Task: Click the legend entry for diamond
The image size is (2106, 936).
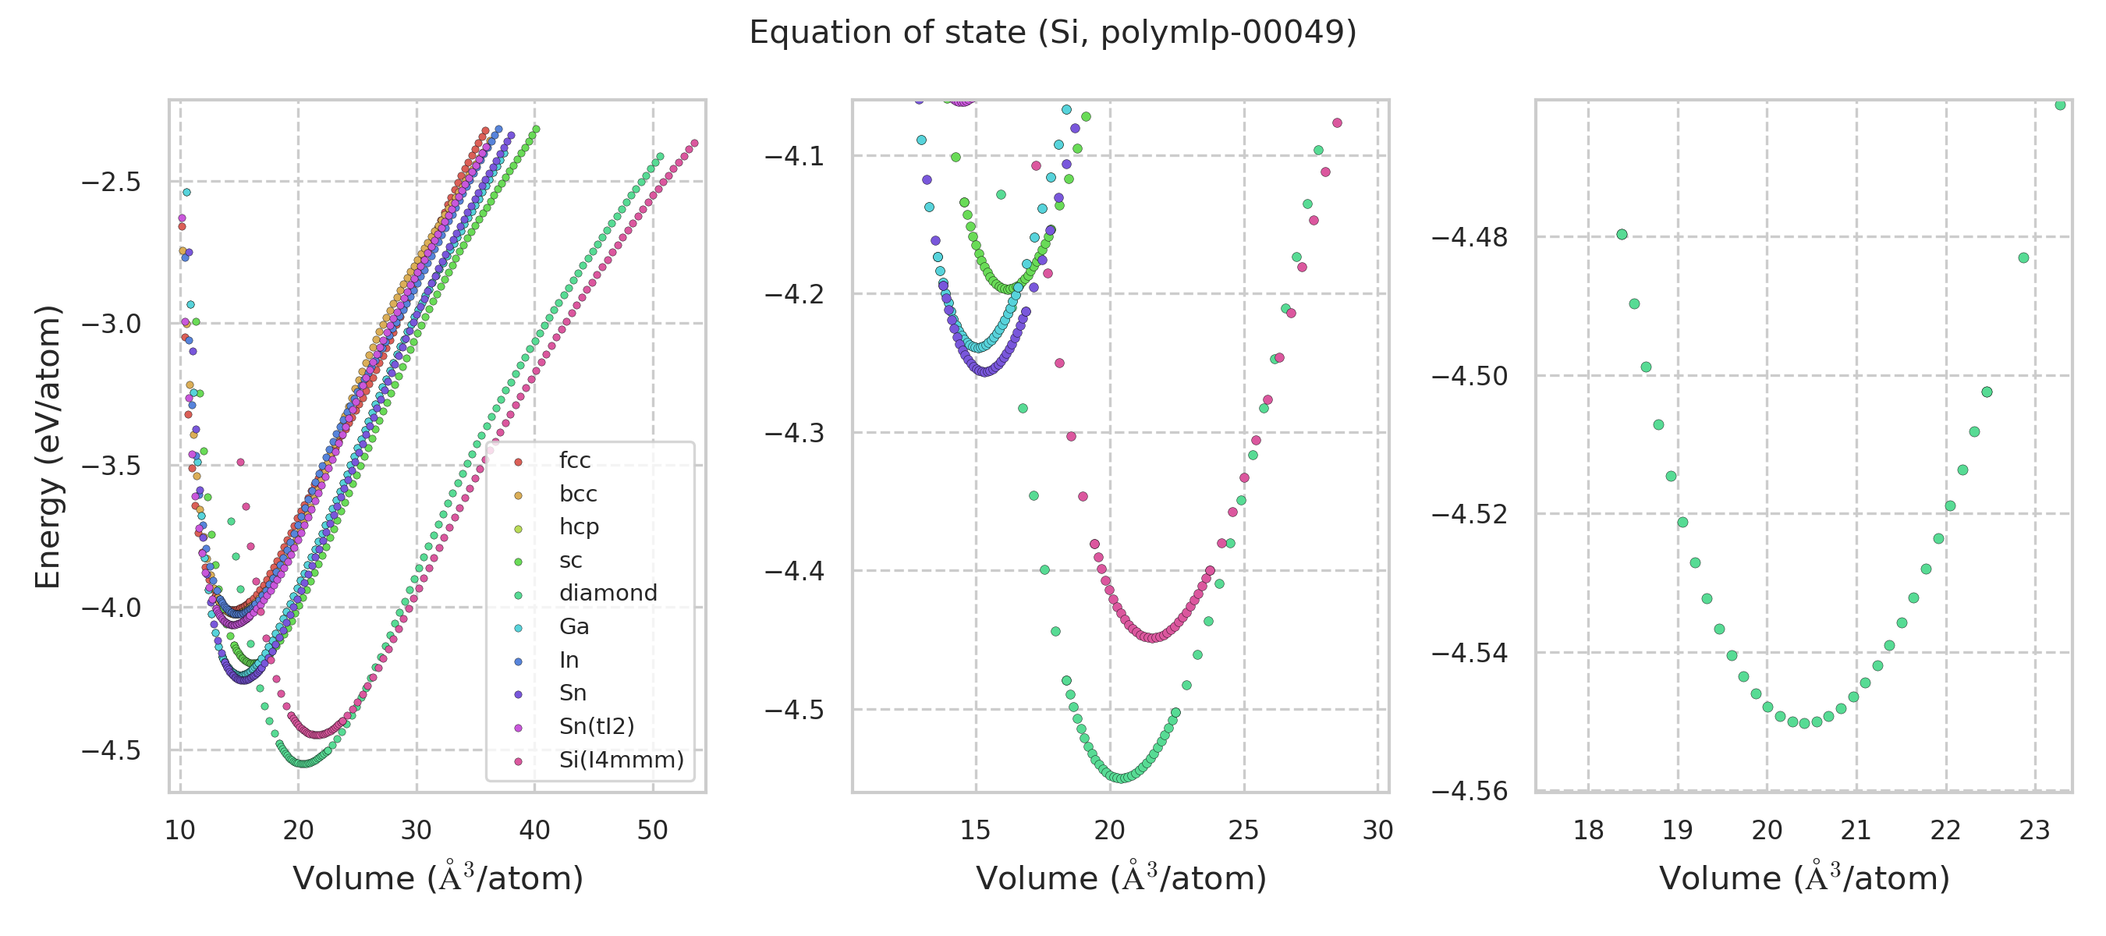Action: tap(608, 593)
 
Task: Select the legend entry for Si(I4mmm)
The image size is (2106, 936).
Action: tap(621, 760)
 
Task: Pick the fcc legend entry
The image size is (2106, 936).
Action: tap(574, 460)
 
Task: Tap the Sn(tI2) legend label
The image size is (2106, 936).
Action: tap(596, 726)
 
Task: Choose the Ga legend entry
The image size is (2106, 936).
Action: tap(574, 626)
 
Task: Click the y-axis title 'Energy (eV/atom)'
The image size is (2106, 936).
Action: tap(48, 446)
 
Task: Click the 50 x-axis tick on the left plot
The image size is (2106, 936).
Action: tap(652, 831)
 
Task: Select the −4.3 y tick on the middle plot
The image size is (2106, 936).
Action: tap(795, 432)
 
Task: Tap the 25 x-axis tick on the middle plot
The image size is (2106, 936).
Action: tap(1243, 831)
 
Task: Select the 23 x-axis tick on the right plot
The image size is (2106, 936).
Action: tap(2034, 831)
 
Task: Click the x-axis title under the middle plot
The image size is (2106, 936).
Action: tap(1121, 878)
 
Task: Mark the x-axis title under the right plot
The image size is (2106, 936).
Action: tap(1803, 878)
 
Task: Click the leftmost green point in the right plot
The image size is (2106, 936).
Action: tap(1622, 235)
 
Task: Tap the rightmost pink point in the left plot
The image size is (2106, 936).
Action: tap(695, 144)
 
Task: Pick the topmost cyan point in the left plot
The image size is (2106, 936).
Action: tap(186, 193)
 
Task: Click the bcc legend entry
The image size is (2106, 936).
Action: tap(577, 494)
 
